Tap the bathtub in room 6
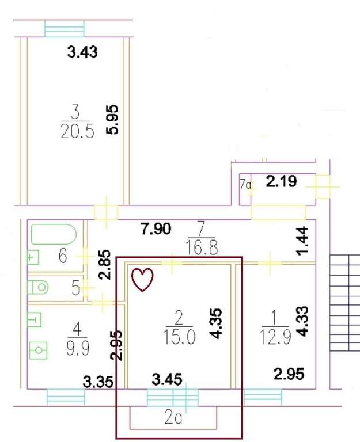54,234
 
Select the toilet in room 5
38,288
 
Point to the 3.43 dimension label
82,52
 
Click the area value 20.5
77,132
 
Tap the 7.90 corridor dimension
156,228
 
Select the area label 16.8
202,248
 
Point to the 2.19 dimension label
281,181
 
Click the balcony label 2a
173,418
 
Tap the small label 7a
245,184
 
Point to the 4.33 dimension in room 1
303,321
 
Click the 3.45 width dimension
167,379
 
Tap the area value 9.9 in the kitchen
78,348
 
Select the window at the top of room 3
65,28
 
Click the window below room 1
263,398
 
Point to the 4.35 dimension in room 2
216,323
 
